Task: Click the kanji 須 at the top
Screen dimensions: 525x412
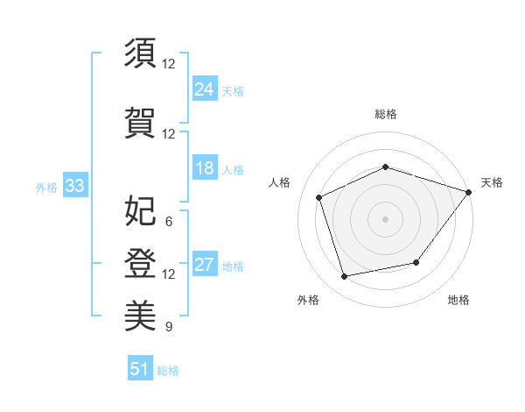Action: point(140,53)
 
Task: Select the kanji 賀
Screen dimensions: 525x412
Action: point(140,123)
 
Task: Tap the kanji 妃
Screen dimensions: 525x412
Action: point(140,210)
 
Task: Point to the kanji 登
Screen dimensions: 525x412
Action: point(140,263)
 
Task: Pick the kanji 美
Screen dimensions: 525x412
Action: point(140,316)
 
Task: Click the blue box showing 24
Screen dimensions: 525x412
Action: point(205,89)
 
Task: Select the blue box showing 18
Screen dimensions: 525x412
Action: point(205,167)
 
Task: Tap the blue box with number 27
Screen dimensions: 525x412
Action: point(205,263)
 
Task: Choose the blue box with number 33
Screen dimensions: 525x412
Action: point(75,185)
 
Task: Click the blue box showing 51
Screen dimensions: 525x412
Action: point(140,367)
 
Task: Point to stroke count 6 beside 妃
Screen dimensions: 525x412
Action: point(169,222)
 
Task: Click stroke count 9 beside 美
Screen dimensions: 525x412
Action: point(169,326)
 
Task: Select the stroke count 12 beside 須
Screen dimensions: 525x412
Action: point(168,64)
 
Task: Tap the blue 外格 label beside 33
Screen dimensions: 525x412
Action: point(46,188)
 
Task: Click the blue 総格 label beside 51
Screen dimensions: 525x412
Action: point(168,371)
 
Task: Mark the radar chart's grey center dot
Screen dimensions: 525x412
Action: point(385,219)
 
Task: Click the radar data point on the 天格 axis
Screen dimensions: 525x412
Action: point(469,192)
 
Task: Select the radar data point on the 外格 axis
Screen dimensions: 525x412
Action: point(344,277)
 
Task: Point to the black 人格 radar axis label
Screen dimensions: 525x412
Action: point(279,182)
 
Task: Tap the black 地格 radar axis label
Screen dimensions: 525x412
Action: point(458,300)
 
